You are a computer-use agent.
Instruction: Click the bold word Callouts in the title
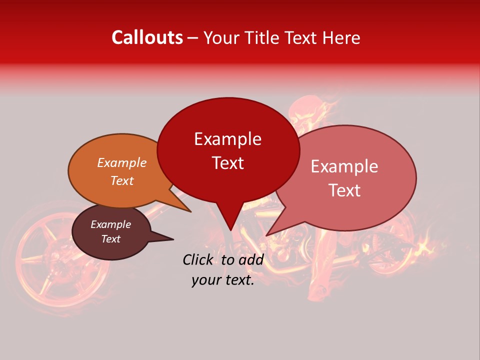(x=147, y=37)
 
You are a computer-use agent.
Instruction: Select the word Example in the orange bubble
(x=122, y=162)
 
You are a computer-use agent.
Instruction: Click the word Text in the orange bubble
(x=122, y=180)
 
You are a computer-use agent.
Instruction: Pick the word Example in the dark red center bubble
(x=227, y=139)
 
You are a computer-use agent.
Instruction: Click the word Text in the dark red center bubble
(x=227, y=163)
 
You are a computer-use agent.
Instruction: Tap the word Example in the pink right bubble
(x=344, y=166)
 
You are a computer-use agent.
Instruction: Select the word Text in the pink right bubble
(x=344, y=190)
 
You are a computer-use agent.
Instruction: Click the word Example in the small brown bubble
(x=110, y=224)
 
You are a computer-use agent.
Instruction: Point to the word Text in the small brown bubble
(x=110, y=239)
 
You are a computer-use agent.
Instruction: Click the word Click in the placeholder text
(x=199, y=259)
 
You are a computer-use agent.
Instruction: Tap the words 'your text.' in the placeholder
(x=223, y=280)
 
